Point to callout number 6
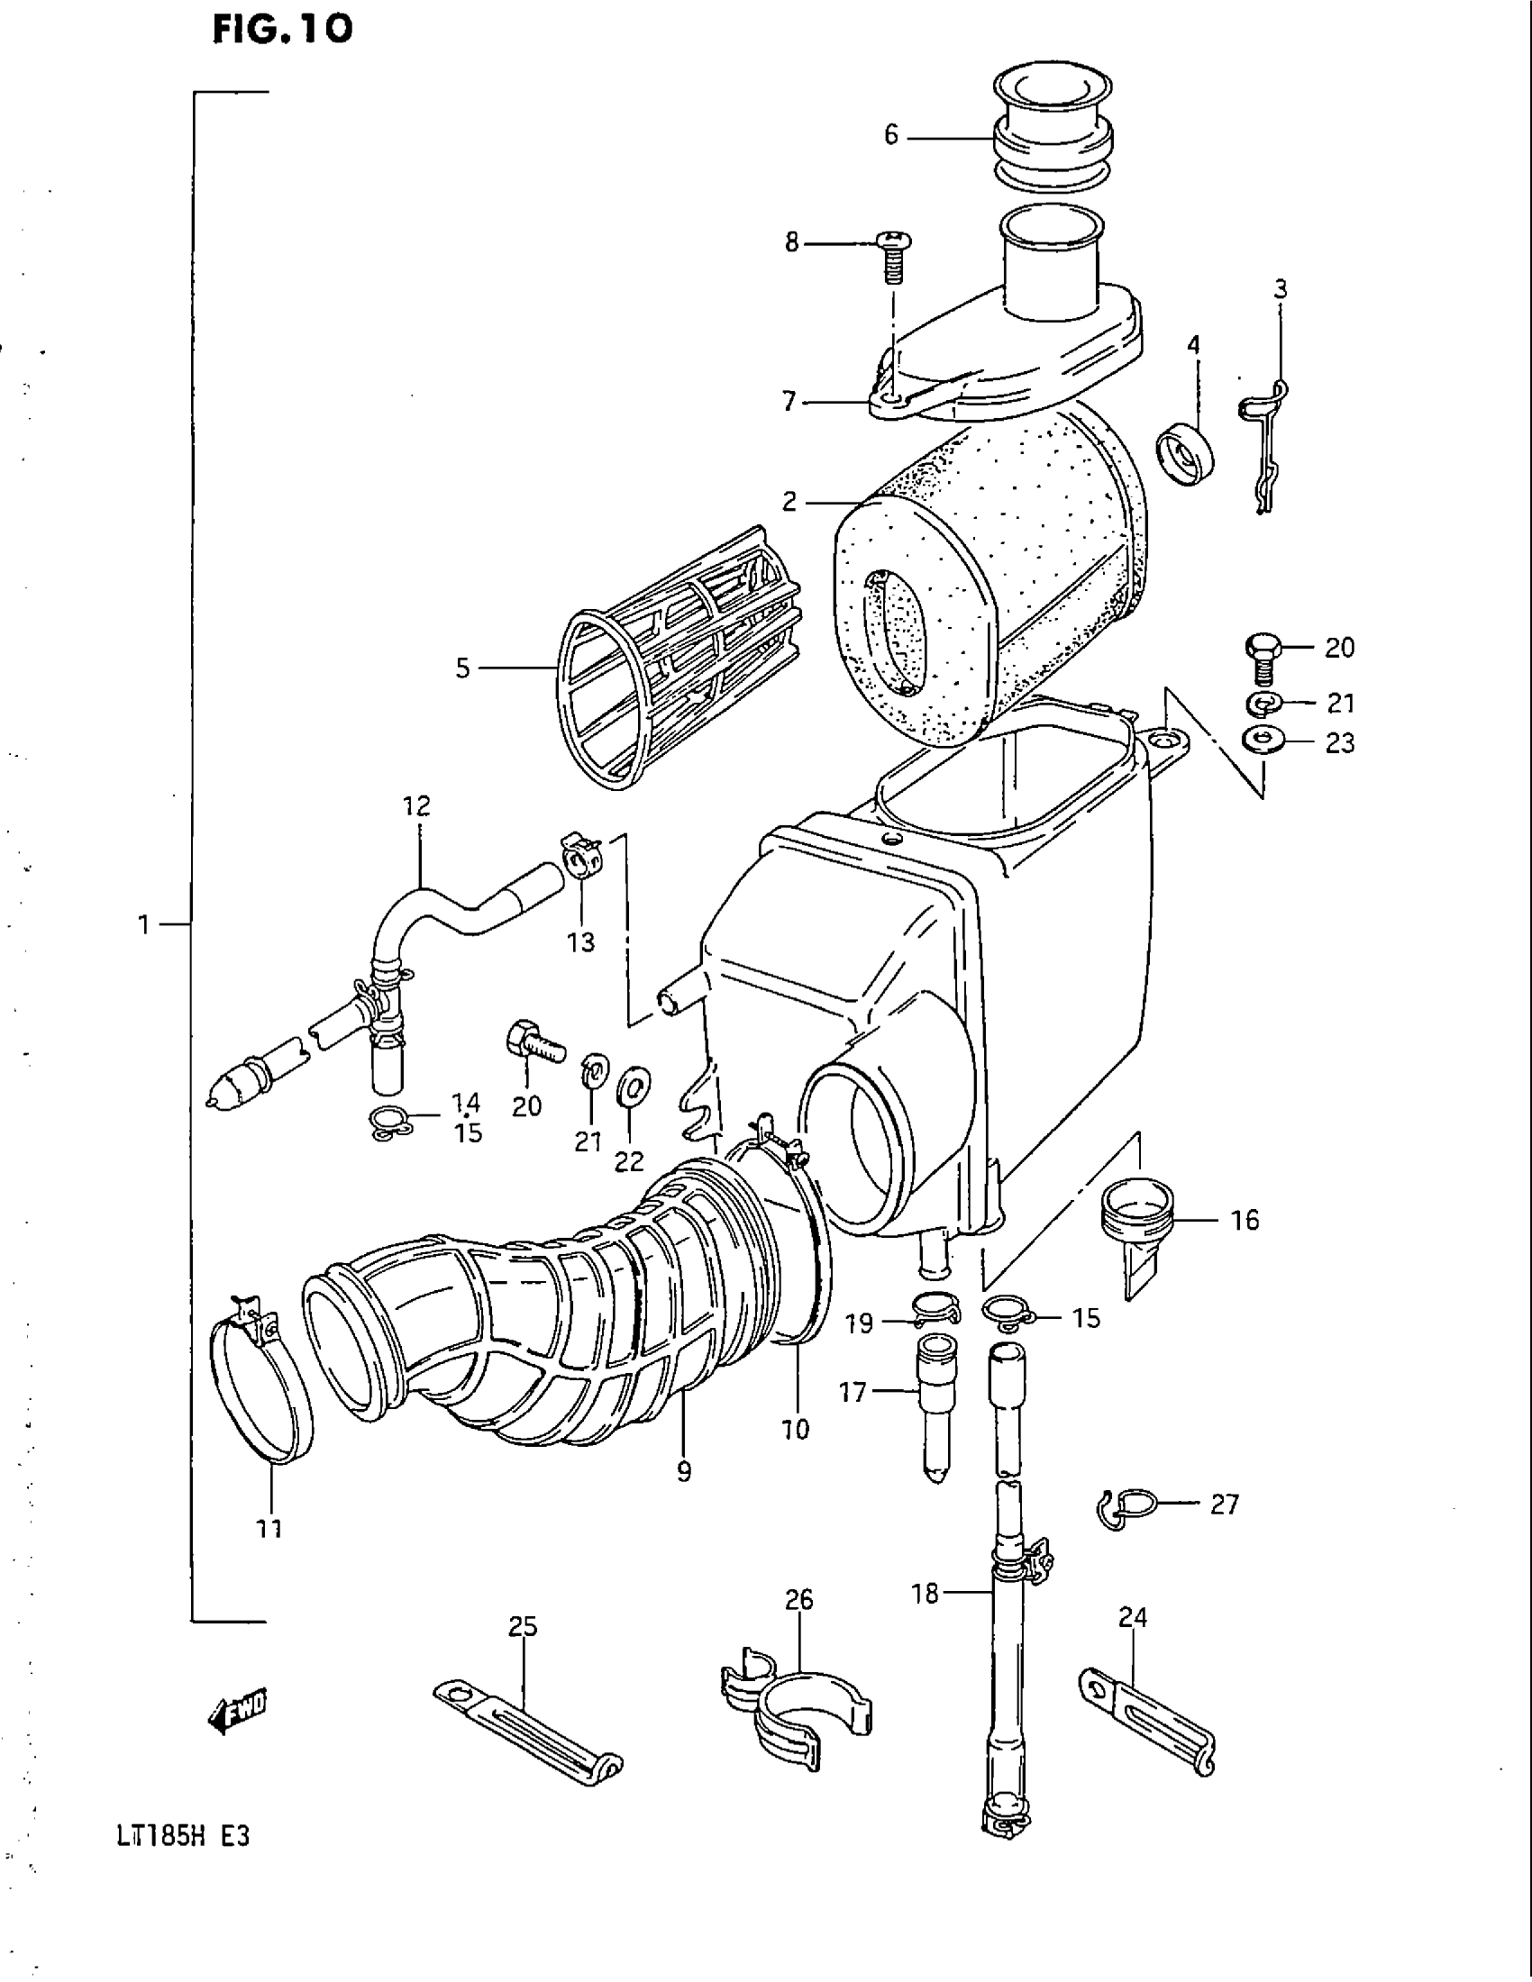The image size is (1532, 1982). pyautogui.click(x=891, y=136)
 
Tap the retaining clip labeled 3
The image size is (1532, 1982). pyautogui.click(x=1265, y=445)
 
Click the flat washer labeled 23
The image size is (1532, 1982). pyautogui.click(x=1261, y=741)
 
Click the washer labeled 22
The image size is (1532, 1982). pyautogui.click(x=630, y=1087)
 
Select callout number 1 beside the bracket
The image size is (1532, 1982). pyautogui.click(x=143, y=924)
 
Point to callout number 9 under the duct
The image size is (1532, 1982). pyautogui.click(x=683, y=1472)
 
